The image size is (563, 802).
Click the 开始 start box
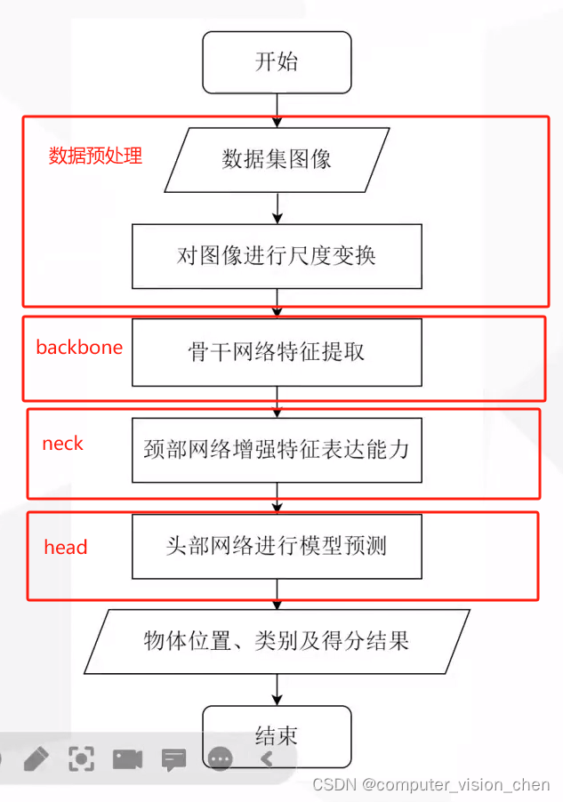(x=277, y=62)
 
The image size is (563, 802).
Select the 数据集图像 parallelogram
(x=277, y=159)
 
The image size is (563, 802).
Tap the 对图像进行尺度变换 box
(x=277, y=256)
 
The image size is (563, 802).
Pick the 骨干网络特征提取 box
(x=277, y=352)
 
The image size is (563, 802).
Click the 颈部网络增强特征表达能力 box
(x=277, y=449)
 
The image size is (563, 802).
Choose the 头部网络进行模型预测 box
(x=277, y=545)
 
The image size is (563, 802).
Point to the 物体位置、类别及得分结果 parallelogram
(x=277, y=641)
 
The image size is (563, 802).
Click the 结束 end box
(x=277, y=735)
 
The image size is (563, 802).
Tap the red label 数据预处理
(x=95, y=156)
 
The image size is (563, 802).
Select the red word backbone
(x=79, y=347)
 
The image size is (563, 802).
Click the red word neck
(x=62, y=444)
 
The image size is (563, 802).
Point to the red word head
(x=66, y=547)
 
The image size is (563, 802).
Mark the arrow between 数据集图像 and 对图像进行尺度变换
(x=278, y=206)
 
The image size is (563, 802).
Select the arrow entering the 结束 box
(x=278, y=689)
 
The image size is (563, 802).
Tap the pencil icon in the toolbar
(x=36, y=758)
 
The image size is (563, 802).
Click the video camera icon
(x=127, y=758)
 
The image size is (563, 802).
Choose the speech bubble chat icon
(x=173, y=758)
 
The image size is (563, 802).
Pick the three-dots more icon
(x=220, y=758)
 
